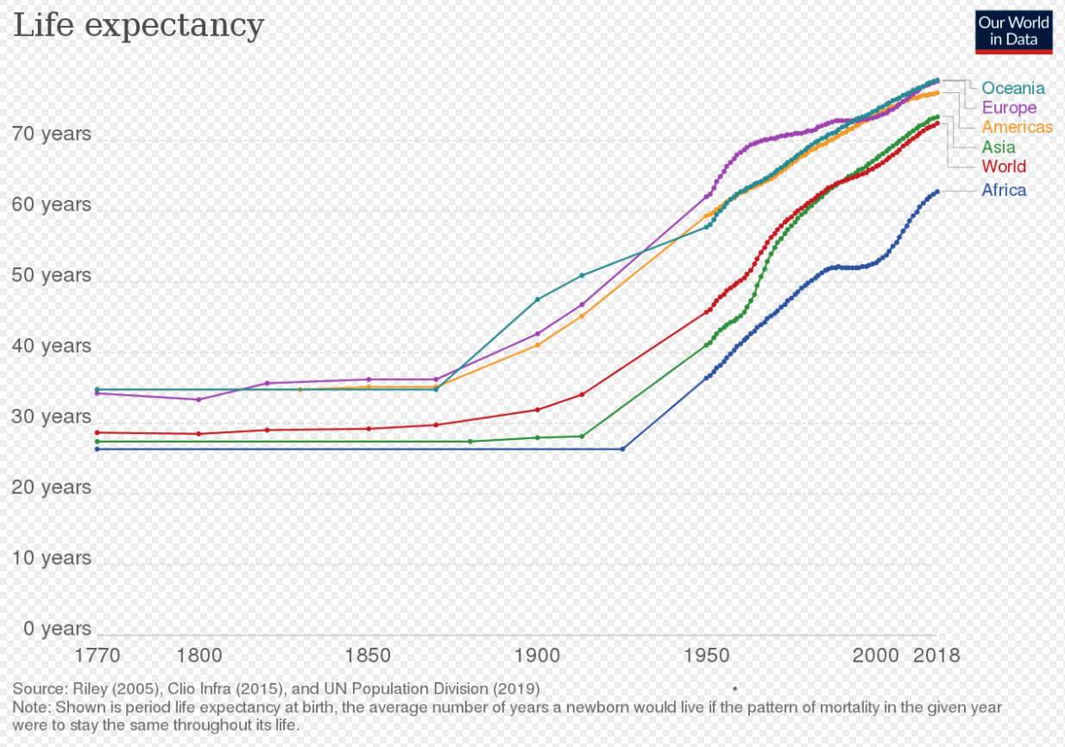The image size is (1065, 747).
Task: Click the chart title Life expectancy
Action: [x=138, y=26]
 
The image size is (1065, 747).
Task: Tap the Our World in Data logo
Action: [x=1013, y=32]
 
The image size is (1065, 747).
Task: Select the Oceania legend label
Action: [x=1013, y=88]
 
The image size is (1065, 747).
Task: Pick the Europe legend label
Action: [x=1009, y=108]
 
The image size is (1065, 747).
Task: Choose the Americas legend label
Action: [x=1017, y=127]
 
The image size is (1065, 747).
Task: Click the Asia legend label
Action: [x=999, y=147]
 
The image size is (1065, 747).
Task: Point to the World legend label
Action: [x=1004, y=166]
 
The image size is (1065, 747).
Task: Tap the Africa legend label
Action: [x=1004, y=190]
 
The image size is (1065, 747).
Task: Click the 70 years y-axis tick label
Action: [x=51, y=134]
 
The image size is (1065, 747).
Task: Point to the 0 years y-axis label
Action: [x=57, y=628]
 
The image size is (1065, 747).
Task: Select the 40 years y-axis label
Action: [x=51, y=346]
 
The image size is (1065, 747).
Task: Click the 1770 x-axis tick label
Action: [x=98, y=656]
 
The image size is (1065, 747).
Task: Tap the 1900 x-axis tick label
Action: [x=538, y=656]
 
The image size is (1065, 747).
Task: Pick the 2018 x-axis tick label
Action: [x=936, y=656]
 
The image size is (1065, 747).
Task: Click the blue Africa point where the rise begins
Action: [x=623, y=449]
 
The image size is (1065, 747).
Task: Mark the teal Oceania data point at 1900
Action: [x=538, y=299]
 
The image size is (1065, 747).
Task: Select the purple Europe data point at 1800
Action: [x=199, y=399]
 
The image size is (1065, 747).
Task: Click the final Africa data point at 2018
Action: [x=937, y=191]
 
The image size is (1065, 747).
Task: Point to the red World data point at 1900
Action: [x=538, y=410]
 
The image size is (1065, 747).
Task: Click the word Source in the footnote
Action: [x=40, y=688]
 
